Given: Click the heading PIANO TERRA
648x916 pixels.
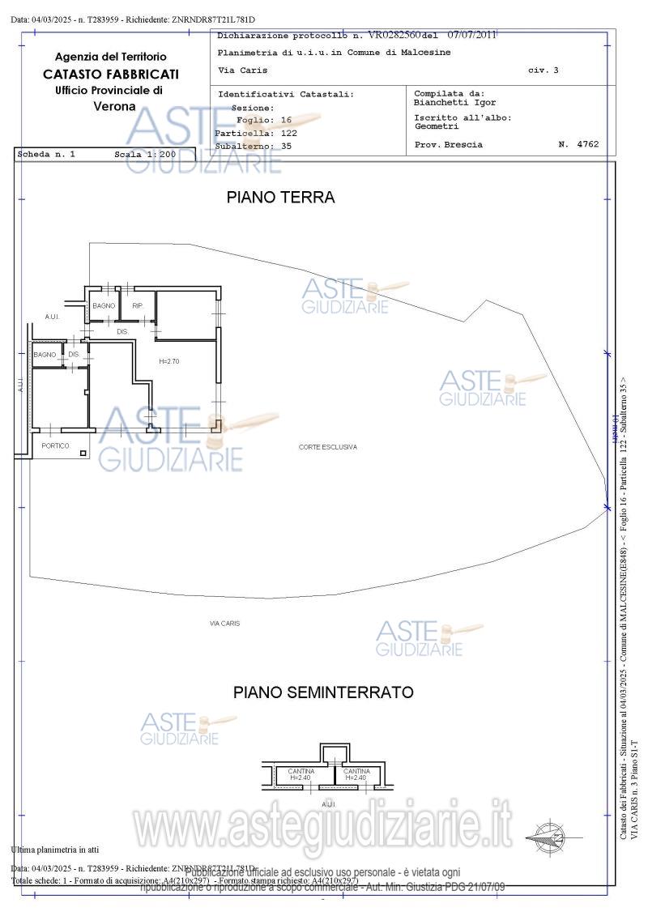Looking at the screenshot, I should pyautogui.click(x=280, y=198).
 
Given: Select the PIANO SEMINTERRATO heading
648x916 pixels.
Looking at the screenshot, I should pyautogui.click(x=323, y=692).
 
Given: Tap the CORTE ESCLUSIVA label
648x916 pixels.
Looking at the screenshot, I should pyautogui.click(x=327, y=447).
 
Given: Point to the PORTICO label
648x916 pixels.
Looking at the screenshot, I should pyautogui.click(x=55, y=446).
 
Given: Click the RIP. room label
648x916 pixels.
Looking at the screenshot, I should pyautogui.click(x=138, y=305).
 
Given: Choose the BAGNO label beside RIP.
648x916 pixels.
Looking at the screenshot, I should pyautogui.click(x=104, y=305).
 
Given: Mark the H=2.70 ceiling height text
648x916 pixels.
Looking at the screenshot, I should pyautogui.click(x=168, y=361).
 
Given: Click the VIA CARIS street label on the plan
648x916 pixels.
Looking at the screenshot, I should pyautogui.click(x=224, y=623).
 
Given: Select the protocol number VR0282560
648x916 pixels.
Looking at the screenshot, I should pyautogui.click(x=394, y=36).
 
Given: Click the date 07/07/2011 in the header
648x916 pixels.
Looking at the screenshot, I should pyautogui.click(x=471, y=35).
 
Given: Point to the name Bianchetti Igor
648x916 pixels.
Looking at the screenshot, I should pyautogui.click(x=454, y=103).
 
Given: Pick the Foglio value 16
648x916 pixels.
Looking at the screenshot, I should pyautogui.click(x=286, y=120).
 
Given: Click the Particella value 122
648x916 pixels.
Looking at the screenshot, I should pyautogui.click(x=289, y=133).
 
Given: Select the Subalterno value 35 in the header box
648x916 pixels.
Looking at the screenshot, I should pyautogui.click(x=286, y=146).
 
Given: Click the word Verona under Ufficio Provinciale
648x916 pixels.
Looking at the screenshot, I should pyautogui.click(x=114, y=106).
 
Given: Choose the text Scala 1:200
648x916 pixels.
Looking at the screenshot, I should pyautogui.click(x=144, y=153).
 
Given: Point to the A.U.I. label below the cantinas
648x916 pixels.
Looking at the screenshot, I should pyautogui.click(x=328, y=804).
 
